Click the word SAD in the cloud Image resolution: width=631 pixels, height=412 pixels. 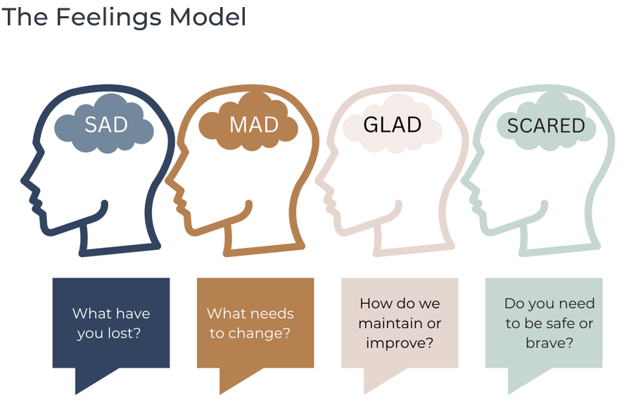click(106, 125)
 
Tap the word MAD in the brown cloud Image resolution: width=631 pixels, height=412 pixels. click(254, 125)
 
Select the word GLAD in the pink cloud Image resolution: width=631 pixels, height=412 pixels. click(393, 125)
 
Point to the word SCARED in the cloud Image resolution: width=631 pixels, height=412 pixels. click(546, 125)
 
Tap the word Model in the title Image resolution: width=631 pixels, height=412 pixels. click(208, 17)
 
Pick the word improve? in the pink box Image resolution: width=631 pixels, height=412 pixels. click(400, 343)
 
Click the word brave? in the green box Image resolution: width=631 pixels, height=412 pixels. click(549, 343)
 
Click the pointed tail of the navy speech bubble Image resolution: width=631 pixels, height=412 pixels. click(76, 394)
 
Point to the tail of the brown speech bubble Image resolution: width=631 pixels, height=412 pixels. click(220, 394)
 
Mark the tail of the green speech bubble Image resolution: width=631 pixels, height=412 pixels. click(509, 394)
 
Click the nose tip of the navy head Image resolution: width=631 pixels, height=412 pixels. click(22, 181)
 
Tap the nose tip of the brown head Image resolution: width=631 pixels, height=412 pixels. click(167, 181)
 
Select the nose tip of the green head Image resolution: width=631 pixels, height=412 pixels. click(462, 181)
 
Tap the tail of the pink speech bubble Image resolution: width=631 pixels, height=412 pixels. click(365, 394)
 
